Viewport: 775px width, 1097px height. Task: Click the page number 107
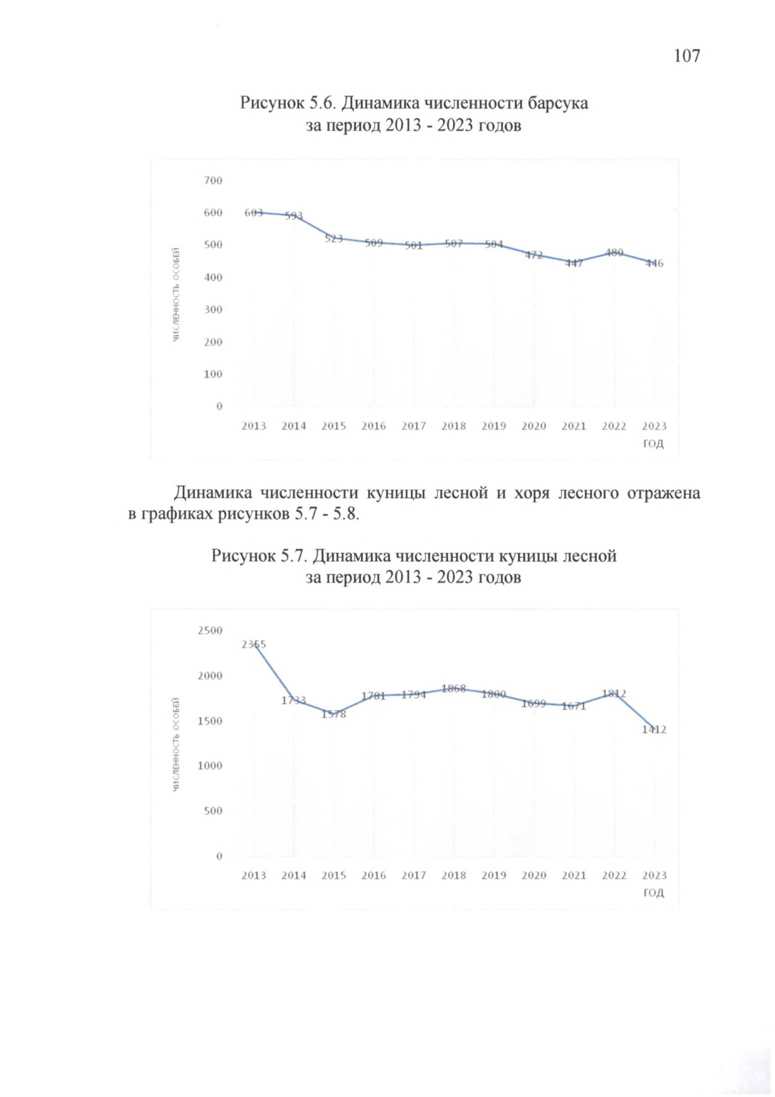(686, 56)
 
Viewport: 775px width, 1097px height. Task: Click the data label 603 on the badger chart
(254, 213)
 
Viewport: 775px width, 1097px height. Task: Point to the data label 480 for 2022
(614, 253)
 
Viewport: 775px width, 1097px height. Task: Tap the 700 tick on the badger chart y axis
(213, 180)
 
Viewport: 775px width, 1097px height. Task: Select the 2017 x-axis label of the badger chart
(413, 426)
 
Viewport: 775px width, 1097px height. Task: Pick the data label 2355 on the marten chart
(254, 644)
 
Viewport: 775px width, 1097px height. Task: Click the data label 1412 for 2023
(654, 729)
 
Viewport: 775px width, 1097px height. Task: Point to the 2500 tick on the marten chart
(210, 631)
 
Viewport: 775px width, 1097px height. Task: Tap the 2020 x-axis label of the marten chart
(533, 875)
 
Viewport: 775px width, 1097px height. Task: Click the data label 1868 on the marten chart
(453, 689)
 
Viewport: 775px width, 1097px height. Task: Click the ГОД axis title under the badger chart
(653, 444)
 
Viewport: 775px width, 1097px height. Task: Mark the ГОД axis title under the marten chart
(653, 893)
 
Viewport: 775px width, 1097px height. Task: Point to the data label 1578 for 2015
(333, 714)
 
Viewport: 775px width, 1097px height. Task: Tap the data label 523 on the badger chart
(333, 238)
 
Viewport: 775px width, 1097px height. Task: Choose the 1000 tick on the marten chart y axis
(210, 766)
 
